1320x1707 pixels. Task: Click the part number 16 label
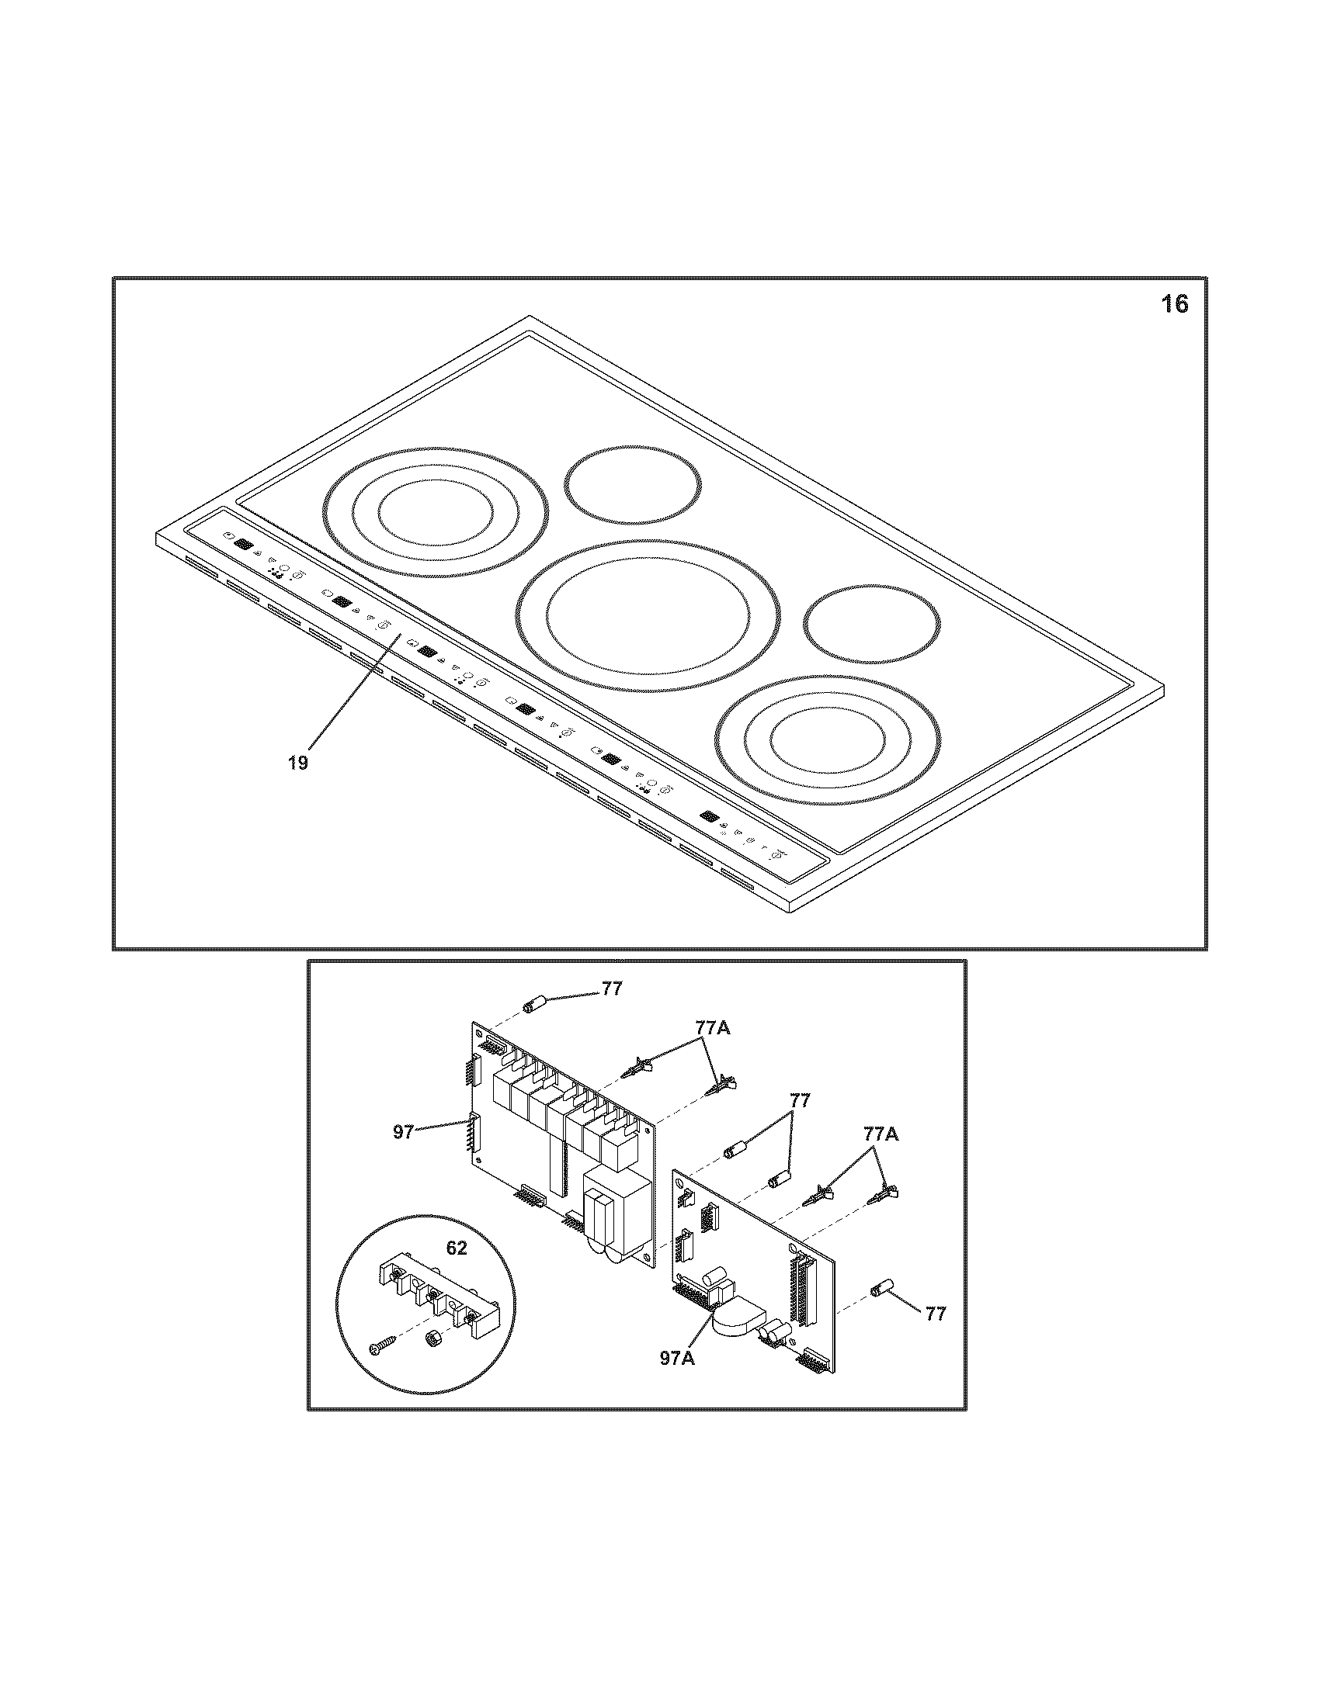coord(1174,303)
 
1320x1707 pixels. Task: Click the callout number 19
coord(297,762)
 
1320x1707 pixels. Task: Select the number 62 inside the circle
coord(456,1248)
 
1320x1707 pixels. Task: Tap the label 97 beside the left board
coord(403,1131)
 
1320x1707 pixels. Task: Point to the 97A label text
coord(677,1359)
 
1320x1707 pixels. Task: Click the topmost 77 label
coord(612,989)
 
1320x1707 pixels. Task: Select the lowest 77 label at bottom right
coord(936,1314)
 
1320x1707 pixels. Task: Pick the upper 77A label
coord(711,1028)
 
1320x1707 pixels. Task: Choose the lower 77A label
coord(881,1135)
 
